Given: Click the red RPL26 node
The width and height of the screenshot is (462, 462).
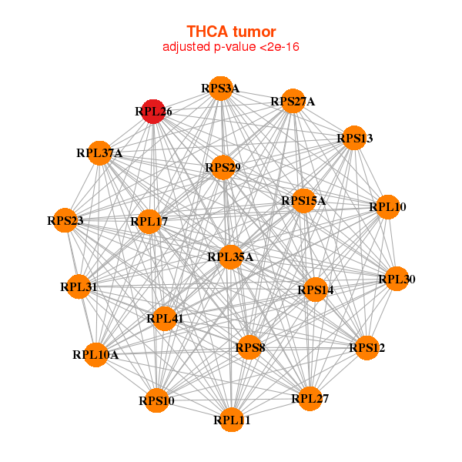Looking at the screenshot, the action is pyautogui.click(x=153, y=111).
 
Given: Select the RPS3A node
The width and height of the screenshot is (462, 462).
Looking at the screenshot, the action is pyautogui.click(x=222, y=89).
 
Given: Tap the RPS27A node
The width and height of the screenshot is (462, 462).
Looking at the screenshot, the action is pyautogui.click(x=292, y=101).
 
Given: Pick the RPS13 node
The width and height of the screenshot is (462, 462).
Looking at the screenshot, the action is pyautogui.click(x=353, y=139).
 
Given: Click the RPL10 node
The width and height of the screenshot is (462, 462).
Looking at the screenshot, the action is pyautogui.click(x=387, y=206).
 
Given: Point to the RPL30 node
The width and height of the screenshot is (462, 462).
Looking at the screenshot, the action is pyautogui.click(x=396, y=280).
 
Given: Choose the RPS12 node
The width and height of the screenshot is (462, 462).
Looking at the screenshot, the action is pyautogui.click(x=367, y=348).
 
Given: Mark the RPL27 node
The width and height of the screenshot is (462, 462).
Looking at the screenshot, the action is pyautogui.click(x=310, y=398).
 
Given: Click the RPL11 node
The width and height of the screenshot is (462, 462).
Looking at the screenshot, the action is pyautogui.click(x=232, y=420).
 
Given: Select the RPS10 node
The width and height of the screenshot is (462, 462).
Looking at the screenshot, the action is pyautogui.click(x=156, y=400).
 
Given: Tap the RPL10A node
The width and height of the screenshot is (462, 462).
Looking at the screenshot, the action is pyautogui.click(x=95, y=355).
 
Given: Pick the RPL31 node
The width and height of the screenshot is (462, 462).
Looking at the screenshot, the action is pyautogui.click(x=79, y=287).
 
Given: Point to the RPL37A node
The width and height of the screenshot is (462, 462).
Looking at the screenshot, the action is pyautogui.click(x=99, y=152).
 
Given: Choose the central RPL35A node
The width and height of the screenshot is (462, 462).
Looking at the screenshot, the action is pyautogui.click(x=229, y=257).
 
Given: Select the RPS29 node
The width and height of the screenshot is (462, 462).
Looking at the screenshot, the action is pyautogui.click(x=222, y=167).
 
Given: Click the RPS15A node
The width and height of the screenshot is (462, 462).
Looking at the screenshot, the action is pyautogui.click(x=303, y=201).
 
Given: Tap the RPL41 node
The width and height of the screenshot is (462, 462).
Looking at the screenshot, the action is pyautogui.click(x=164, y=317).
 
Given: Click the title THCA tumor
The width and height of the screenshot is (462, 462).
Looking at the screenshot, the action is pyautogui.click(x=230, y=32).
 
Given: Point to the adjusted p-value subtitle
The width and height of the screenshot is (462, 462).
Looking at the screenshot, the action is pyautogui.click(x=230, y=47).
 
